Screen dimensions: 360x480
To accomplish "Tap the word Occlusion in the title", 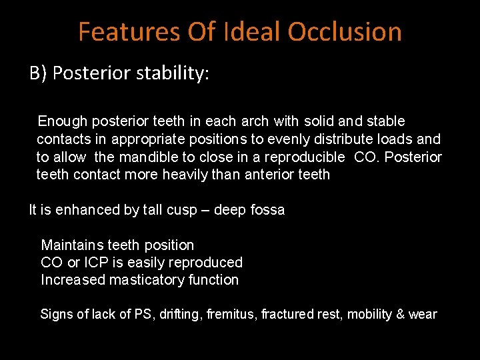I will point(345,31).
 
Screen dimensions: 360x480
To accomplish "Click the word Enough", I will point(63,121).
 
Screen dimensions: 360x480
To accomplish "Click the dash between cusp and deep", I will point(207,210).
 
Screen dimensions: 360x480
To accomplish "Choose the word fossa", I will point(267,210).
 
